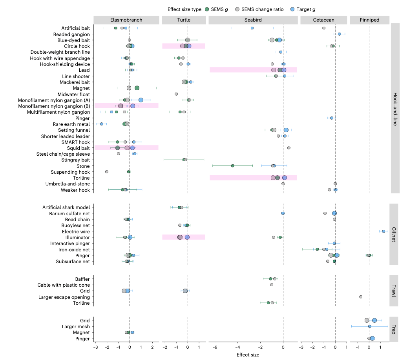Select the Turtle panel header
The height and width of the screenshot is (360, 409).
point(183,20)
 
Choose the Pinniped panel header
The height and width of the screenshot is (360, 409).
point(369,20)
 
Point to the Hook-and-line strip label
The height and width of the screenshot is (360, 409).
point(395,108)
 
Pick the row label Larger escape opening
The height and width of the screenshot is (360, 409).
point(64,297)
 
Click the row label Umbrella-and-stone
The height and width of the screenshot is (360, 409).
point(68,184)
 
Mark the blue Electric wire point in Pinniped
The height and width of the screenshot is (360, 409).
point(383,231)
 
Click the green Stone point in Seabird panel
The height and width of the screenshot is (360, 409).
point(233,166)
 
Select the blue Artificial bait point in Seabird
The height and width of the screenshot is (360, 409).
point(252,28)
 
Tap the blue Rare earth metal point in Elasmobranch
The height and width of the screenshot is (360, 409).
point(102,124)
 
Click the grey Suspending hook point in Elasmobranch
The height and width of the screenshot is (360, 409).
point(107,172)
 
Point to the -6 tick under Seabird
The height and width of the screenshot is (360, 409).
point(215,347)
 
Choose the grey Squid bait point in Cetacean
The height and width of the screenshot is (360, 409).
point(288,148)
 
